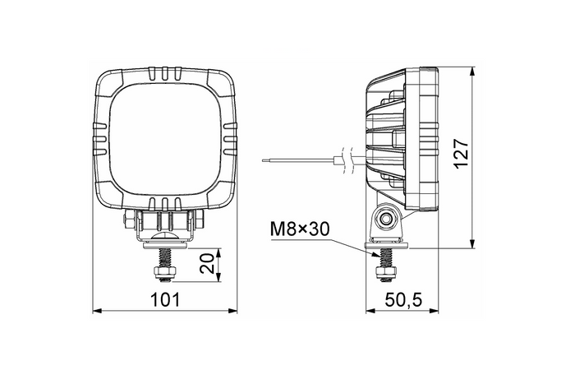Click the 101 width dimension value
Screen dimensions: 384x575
click(x=165, y=300)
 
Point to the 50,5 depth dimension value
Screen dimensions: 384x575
click(x=402, y=301)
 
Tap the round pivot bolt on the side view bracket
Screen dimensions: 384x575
click(x=384, y=218)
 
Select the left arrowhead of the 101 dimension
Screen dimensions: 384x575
click(x=97, y=312)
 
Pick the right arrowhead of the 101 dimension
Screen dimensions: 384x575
click(x=233, y=312)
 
